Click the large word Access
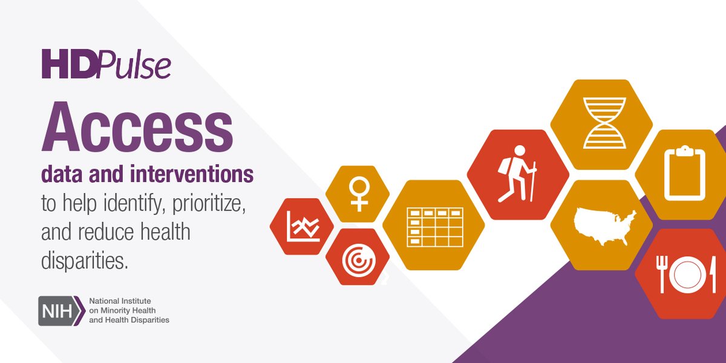tap(137, 128)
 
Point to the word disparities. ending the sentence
tap(85, 261)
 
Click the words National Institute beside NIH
tap(120, 301)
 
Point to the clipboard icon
tap(684, 173)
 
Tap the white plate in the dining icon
tap(688, 275)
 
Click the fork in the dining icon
tap(662, 273)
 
